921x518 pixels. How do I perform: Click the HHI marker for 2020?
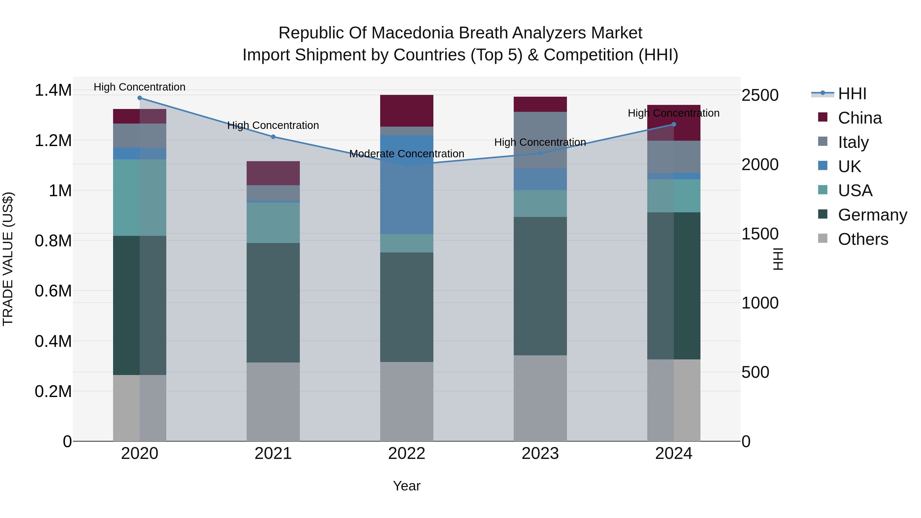140,98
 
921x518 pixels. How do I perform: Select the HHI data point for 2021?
273,137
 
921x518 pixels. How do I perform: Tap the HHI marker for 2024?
674,124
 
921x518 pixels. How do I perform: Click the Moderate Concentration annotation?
407,154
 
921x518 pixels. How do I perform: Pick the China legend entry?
860,118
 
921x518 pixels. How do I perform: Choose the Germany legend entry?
872,215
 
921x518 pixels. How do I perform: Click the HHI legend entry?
852,94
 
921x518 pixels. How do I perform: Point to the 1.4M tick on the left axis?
53,90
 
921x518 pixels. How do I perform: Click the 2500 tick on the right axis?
760,95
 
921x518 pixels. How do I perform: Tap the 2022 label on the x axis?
407,454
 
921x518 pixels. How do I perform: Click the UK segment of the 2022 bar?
407,184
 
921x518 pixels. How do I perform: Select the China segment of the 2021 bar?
273,173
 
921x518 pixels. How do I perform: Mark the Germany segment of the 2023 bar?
540,286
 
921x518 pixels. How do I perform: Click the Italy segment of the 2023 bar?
540,140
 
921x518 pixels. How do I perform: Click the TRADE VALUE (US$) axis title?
8,259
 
